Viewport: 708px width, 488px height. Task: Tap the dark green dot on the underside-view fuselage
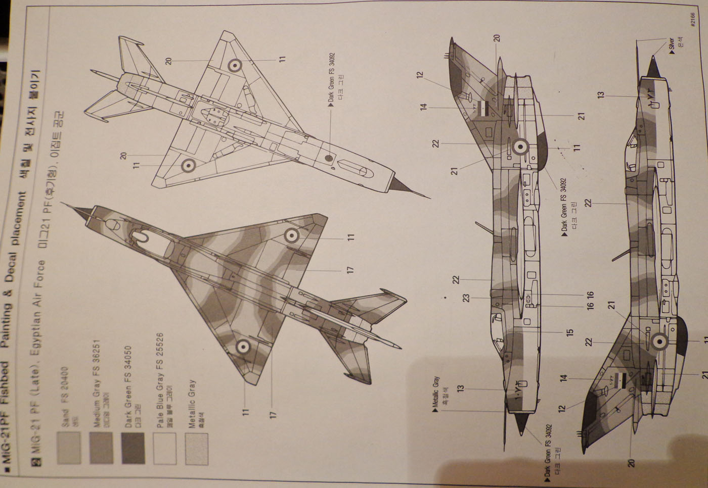pyautogui.click(x=328, y=158)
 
